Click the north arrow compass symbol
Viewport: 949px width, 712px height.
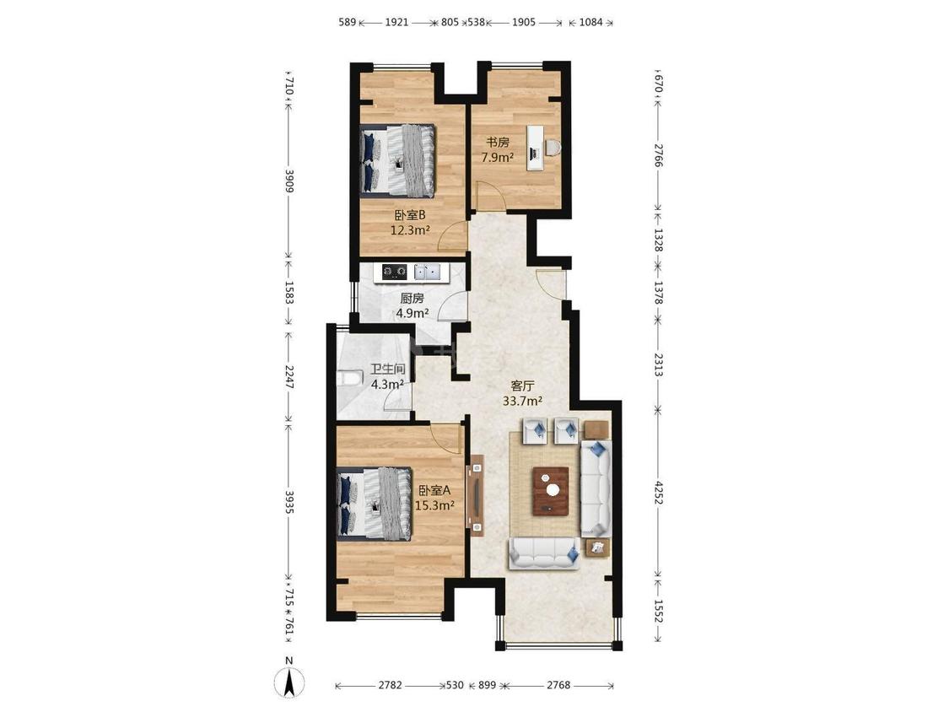point(289,681)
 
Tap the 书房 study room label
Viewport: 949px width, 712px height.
point(498,143)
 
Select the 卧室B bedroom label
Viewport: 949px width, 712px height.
point(410,215)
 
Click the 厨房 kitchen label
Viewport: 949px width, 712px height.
point(412,299)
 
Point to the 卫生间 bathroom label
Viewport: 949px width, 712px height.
point(387,369)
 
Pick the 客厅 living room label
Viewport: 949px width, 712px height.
point(522,386)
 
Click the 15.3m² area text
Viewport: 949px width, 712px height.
point(434,505)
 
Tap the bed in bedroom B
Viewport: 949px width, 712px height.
point(398,160)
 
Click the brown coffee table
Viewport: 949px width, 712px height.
point(550,491)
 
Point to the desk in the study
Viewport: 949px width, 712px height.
point(535,148)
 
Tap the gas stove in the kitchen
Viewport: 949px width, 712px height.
point(394,272)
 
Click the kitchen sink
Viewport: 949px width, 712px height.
point(427,272)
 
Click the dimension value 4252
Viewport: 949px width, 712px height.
point(659,493)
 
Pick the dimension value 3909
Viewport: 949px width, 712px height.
point(289,181)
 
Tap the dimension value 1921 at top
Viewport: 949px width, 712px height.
point(397,23)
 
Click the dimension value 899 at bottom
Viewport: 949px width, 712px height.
point(488,685)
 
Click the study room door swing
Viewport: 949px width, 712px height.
point(487,197)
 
